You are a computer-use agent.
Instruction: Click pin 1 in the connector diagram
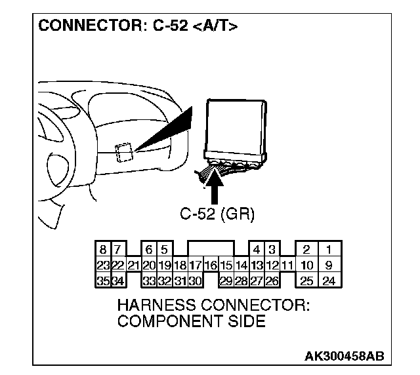329,250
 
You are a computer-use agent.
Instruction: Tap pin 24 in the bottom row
329,281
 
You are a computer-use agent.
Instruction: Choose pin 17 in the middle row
196,266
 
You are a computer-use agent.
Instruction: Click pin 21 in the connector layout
133,266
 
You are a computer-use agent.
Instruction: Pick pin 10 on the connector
306,266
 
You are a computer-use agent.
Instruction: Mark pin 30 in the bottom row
196,281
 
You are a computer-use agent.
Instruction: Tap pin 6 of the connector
149,250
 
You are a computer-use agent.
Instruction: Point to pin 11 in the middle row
287,266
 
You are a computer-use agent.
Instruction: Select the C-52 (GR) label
217,213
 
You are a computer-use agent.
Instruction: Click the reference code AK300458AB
345,356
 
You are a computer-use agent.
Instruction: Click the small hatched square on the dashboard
123,152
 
